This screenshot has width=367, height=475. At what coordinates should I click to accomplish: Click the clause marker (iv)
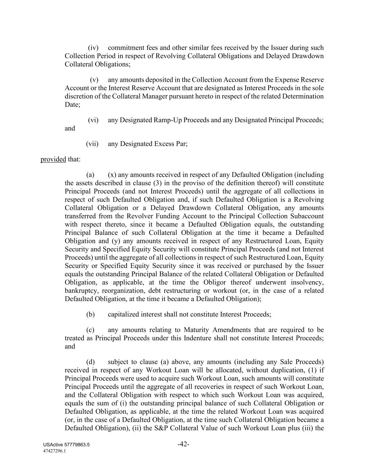point(93,48)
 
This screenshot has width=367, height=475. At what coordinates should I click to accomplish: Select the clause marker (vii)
point(92,144)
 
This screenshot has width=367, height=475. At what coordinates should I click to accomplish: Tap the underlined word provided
point(53,159)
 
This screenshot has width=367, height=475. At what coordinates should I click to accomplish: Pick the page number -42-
point(183,444)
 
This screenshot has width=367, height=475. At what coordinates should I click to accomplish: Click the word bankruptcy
point(81,291)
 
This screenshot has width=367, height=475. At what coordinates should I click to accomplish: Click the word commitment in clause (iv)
point(125,48)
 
